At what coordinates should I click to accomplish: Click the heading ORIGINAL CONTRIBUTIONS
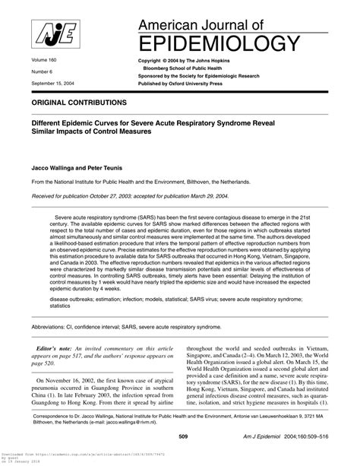[80, 101]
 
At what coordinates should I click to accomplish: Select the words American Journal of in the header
[201, 21]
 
